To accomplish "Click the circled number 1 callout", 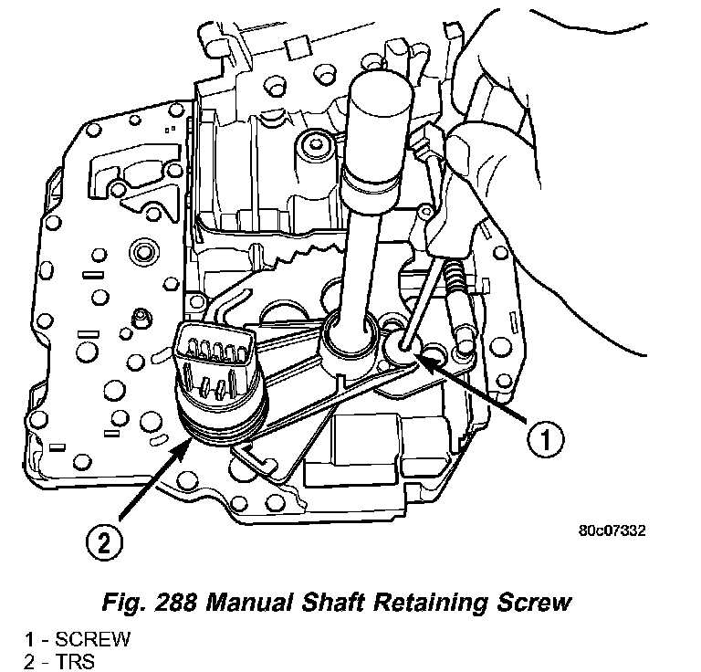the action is click(543, 440).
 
